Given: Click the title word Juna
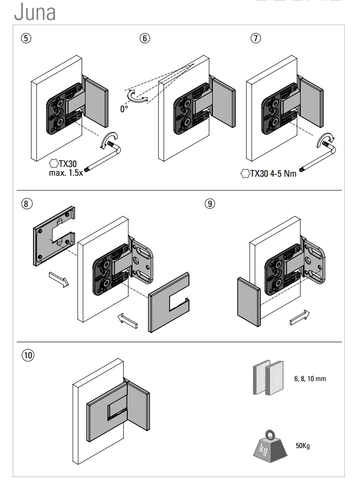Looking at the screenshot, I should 34,12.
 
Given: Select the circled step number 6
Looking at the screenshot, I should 144,38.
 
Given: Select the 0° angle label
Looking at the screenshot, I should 124,109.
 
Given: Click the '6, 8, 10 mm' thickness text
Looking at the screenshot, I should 310,379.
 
